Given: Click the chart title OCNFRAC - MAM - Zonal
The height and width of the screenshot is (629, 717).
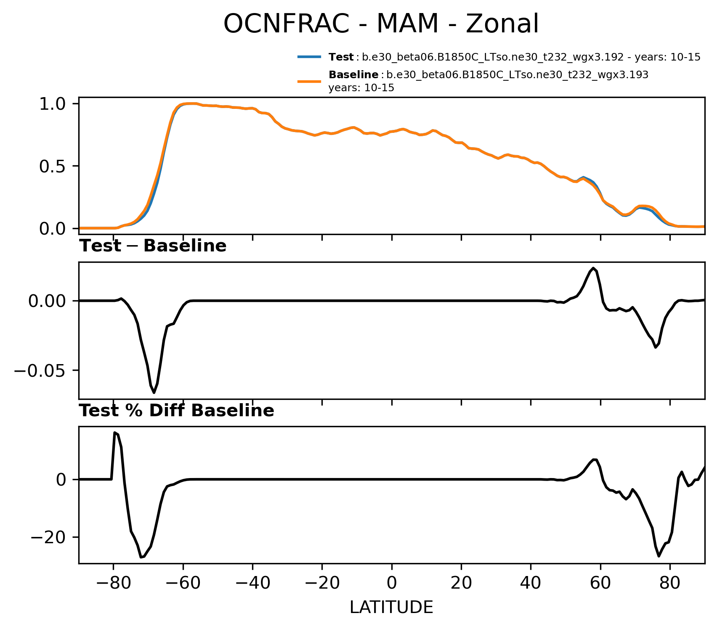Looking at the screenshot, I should click(381, 24).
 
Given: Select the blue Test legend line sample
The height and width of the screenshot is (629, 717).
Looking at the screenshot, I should click(309, 57).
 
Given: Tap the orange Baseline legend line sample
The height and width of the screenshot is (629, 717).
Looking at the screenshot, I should click(309, 81).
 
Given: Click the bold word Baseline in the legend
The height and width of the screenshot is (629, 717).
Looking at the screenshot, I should click(353, 75).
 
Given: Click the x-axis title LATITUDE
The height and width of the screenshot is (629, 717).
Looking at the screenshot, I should click(391, 607).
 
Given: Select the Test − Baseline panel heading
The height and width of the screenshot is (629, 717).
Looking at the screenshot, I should click(153, 246).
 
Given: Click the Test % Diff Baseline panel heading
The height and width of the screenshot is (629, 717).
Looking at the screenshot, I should click(177, 411).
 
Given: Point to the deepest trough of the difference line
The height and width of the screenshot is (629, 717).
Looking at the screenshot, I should click(154, 393).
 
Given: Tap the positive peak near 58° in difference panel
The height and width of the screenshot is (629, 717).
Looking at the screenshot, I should click(593, 268).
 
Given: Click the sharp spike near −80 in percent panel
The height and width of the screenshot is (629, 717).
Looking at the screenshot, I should click(115, 432).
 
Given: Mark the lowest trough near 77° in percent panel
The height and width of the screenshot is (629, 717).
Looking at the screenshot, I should click(659, 556).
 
